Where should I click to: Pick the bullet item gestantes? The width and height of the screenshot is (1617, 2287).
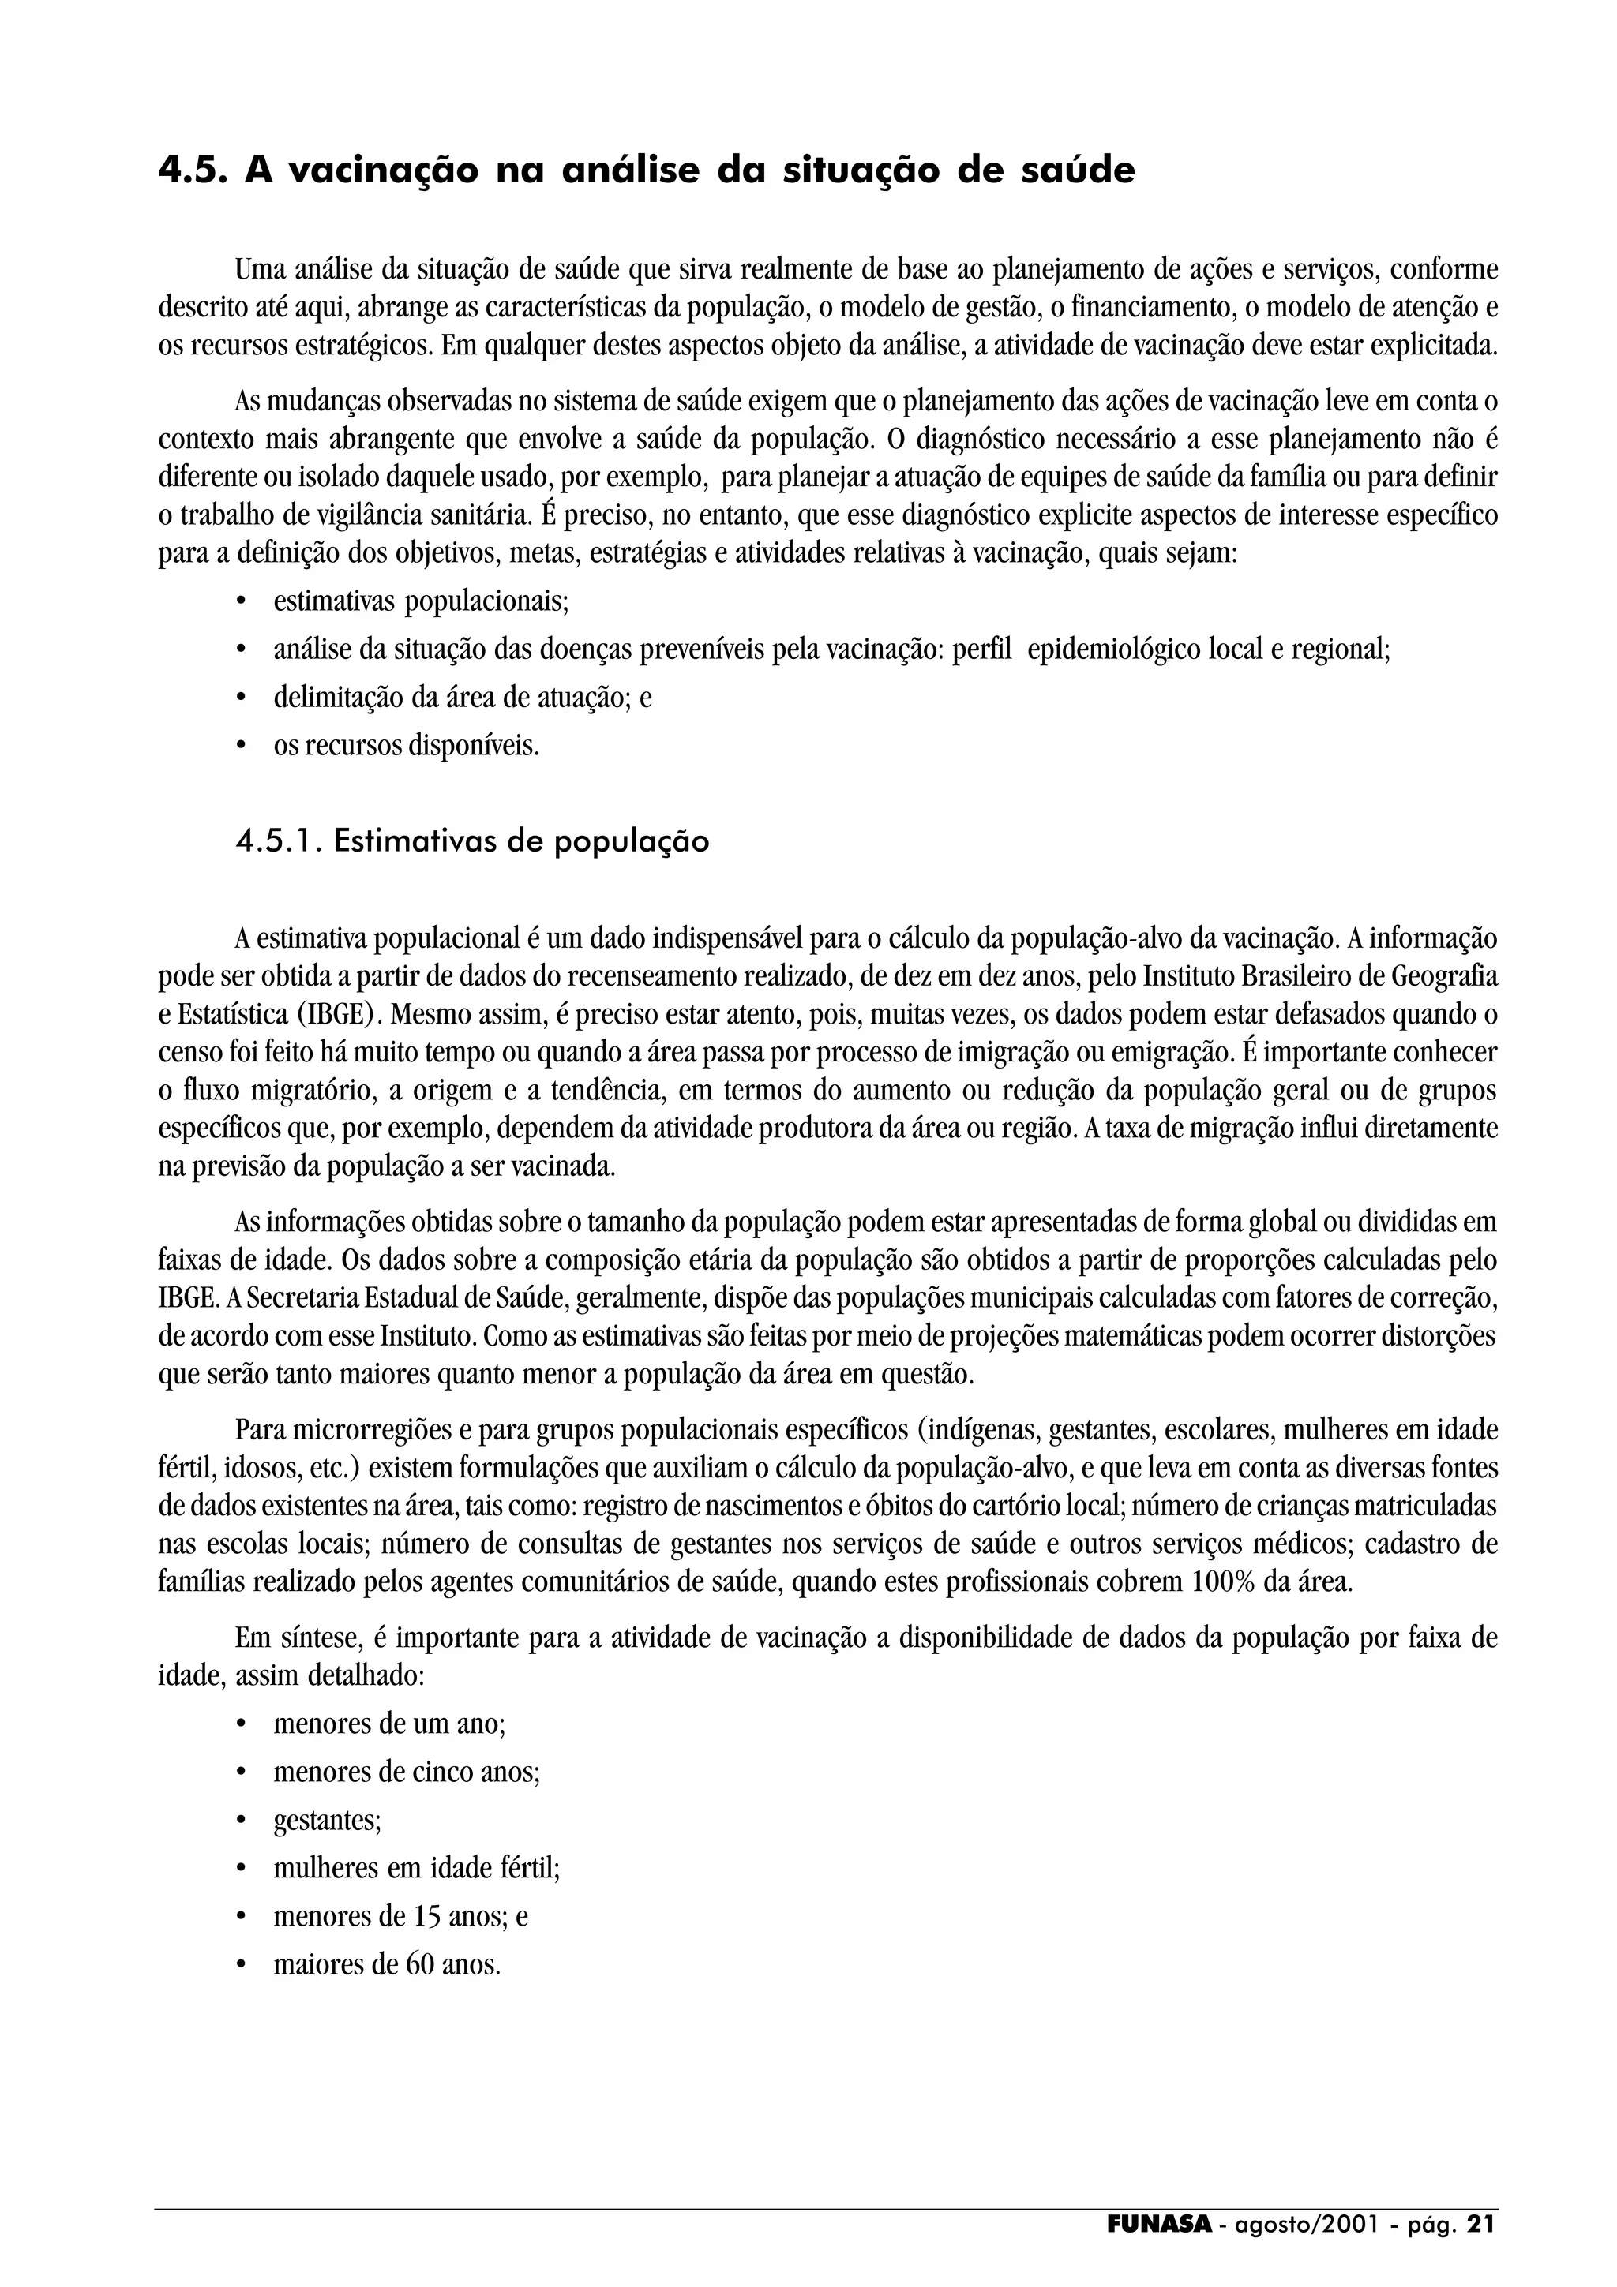click(x=328, y=1821)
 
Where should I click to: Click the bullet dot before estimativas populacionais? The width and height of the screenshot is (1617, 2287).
click(x=240, y=603)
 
